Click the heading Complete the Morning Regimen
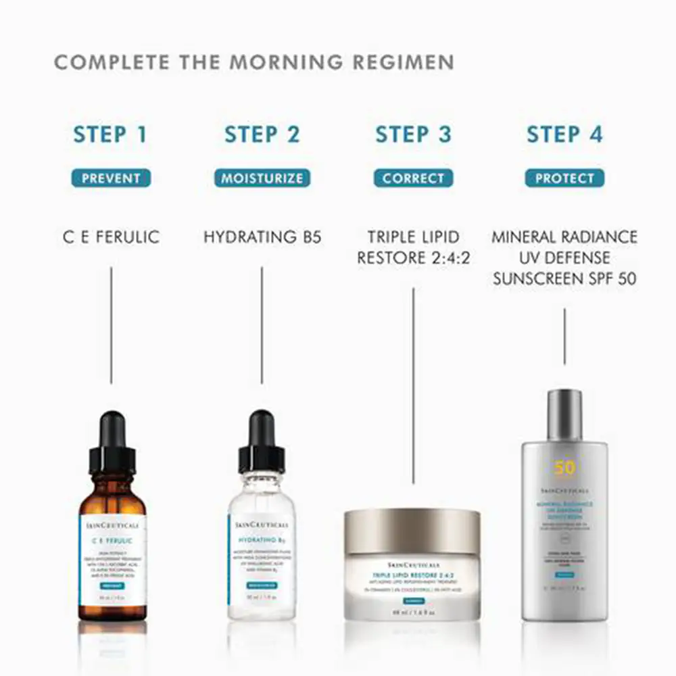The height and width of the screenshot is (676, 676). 254,62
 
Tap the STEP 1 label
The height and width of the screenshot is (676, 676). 110,134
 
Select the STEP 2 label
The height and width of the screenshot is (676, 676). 262,134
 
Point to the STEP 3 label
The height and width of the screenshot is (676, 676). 413,134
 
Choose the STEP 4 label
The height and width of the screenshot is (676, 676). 564,134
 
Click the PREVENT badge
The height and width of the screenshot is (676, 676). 111,178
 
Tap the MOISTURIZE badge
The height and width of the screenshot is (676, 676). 262,178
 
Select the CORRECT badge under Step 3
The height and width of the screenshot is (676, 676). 413,178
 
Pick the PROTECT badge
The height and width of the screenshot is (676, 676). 564,178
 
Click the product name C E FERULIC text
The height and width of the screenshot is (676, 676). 110,237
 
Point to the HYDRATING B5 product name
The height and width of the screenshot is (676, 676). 262,237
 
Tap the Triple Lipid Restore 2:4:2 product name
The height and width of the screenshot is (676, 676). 413,247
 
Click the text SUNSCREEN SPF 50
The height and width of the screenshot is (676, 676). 564,279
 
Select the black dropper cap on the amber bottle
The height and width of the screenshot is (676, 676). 112,443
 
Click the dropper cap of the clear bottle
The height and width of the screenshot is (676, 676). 261,443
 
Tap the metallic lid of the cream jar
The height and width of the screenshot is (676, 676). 412,531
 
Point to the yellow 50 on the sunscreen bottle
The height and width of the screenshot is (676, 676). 564,468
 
